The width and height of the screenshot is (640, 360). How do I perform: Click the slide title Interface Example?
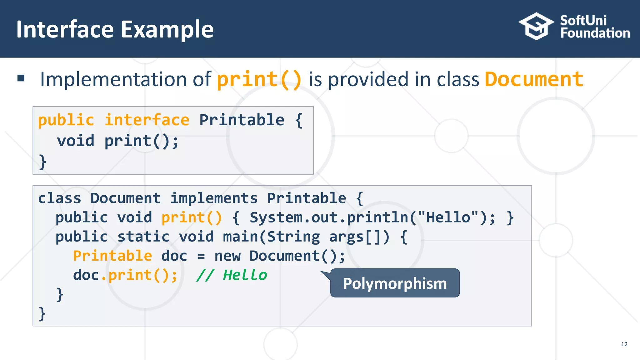click(115, 29)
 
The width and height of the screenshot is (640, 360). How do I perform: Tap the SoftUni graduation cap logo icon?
click(536, 26)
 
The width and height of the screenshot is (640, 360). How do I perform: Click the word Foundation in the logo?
click(595, 33)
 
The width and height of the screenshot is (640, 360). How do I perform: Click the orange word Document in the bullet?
click(534, 79)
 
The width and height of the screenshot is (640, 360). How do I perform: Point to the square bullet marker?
click(21, 78)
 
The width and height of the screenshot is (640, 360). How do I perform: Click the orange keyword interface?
click(147, 120)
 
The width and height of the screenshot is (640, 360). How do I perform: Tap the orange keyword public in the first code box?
click(66, 120)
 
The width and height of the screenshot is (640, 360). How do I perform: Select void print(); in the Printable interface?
click(117, 141)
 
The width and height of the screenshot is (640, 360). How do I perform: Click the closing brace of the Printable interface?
click(42, 162)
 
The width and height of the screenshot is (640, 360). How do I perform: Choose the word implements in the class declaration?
click(214, 198)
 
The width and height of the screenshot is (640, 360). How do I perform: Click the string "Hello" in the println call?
click(448, 217)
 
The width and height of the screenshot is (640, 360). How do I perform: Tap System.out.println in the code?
click(329, 217)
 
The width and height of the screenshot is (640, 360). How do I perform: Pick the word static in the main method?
click(143, 237)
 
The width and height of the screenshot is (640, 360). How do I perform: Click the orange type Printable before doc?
click(112, 256)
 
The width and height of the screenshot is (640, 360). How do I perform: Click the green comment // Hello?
click(232, 275)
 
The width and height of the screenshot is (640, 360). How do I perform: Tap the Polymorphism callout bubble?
click(395, 283)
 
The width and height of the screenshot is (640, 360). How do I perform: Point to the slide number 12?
click(624, 344)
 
